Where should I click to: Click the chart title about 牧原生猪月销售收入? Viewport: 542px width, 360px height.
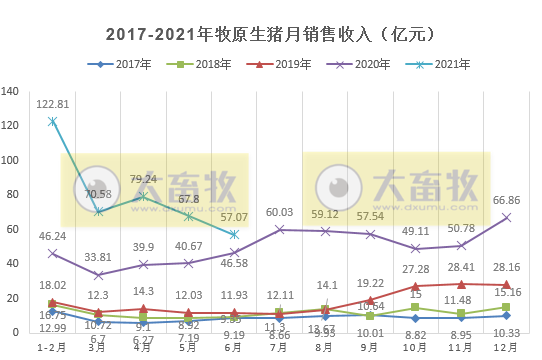[270, 34]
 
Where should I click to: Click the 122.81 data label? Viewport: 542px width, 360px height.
[53, 104]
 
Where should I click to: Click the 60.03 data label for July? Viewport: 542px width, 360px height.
[279, 213]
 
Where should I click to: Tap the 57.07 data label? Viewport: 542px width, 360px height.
[233, 217]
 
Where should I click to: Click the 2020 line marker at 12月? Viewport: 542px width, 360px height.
[506, 217]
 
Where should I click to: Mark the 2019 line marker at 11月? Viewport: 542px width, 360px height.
[461, 284]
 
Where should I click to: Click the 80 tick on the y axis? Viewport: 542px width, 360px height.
[16, 195]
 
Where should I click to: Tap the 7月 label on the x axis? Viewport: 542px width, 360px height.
[279, 348]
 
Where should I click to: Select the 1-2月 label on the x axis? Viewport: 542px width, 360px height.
[52, 348]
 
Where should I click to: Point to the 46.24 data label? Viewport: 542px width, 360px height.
[53, 236]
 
